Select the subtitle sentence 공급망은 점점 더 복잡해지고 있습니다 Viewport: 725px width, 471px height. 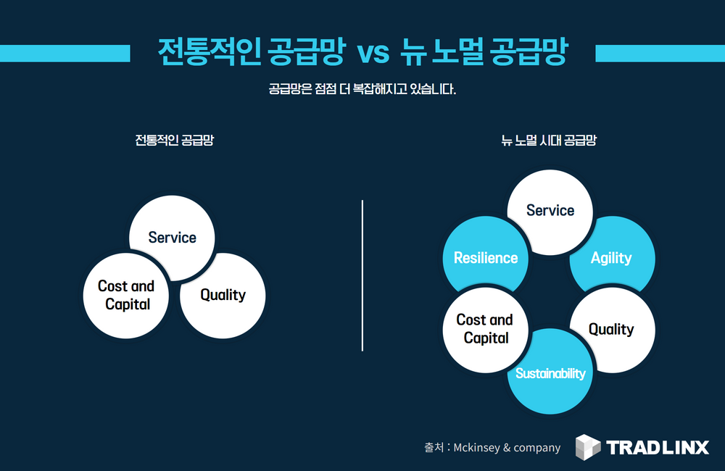362,91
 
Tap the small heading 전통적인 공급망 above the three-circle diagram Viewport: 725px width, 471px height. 174,141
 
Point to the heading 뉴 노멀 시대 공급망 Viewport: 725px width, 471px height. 549,141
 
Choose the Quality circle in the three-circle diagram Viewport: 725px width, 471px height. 223,295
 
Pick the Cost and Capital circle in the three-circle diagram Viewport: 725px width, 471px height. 127,295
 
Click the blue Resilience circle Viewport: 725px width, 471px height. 484,257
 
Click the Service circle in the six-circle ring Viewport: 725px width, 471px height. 550,210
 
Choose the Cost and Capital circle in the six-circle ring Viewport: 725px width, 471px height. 484,329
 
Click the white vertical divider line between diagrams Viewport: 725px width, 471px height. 362,275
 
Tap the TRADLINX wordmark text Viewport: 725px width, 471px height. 658,447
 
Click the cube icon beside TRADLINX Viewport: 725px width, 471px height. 588,447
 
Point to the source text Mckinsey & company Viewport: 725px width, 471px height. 507,448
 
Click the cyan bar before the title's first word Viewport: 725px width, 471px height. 65,53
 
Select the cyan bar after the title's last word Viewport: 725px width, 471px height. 659,53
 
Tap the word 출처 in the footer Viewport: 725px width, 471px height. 434,448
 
